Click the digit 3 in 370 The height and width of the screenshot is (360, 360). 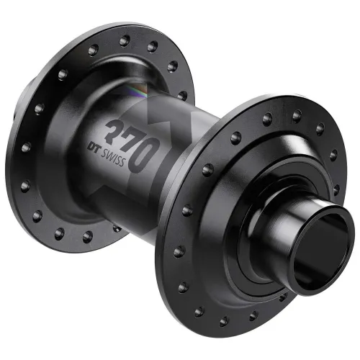click(115, 130)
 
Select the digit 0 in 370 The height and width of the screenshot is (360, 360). click(144, 156)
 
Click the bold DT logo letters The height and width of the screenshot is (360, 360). click(94, 147)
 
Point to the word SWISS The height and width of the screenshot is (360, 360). click(113, 157)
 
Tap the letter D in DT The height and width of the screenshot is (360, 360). click(91, 146)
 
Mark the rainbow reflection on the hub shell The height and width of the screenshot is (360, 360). click(139, 92)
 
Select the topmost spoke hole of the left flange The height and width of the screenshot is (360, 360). click(125, 40)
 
